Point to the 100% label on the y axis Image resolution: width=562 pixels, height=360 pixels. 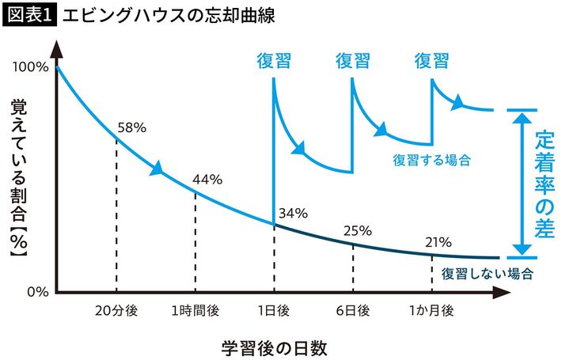[x=30, y=67]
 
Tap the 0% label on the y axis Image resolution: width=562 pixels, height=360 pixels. [x=36, y=291]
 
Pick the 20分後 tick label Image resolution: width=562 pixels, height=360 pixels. [x=116, y=311]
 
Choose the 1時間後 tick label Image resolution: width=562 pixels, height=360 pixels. [x=194, y=311]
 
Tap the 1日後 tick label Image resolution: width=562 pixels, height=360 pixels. [x=274, y=311]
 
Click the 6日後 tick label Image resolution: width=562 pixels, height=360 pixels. [x=352, y=311]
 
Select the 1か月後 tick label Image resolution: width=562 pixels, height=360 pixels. [x=431, y=311]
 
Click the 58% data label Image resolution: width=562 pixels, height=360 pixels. [x=131, y=127]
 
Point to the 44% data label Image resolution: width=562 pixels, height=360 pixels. [x=207, y=178]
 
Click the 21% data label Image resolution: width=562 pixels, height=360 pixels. [x=437, y=241]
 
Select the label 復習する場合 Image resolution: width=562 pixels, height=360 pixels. [x=432, y=159]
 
